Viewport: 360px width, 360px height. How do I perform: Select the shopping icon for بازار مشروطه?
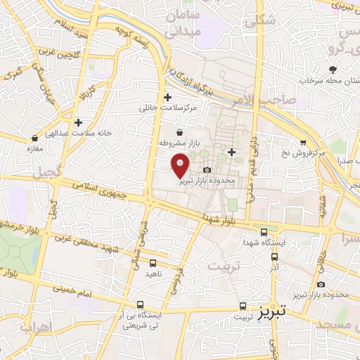[x=180, y=131]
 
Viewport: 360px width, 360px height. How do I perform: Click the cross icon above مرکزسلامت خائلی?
[x=167, y=97]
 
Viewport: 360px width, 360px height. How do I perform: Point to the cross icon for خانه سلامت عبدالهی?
[x=78, y=122]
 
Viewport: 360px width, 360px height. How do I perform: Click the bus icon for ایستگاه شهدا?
[x=264, y=232]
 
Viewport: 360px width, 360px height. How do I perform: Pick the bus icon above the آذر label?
[x=275, y=256]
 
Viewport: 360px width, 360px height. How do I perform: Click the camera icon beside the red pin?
[x=207, y=170]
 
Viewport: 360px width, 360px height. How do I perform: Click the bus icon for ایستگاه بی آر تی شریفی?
[x=141, y=306]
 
